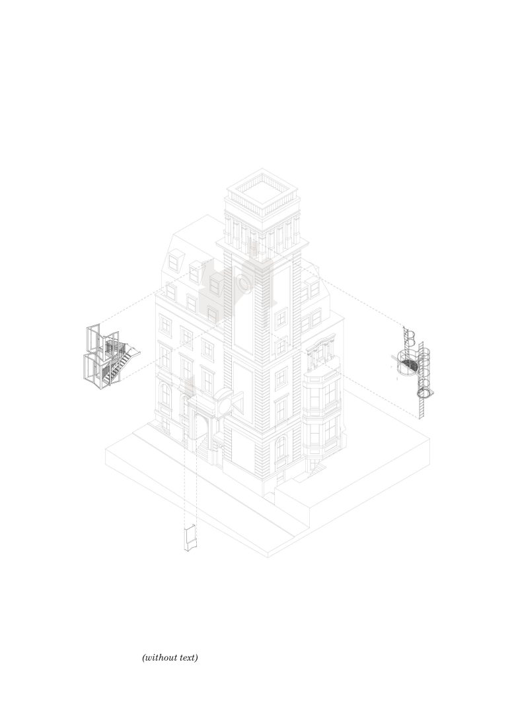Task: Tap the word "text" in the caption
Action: (188, 658)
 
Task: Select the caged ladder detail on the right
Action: (417, 366)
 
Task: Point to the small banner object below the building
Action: (189, 537)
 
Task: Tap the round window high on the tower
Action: (242, 284)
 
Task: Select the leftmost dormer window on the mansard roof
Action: (174, 262)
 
